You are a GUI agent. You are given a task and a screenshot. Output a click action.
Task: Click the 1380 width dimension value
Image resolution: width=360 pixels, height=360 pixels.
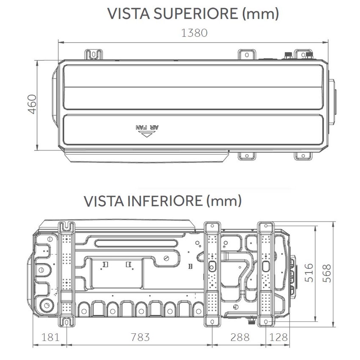click(x=194, y=33)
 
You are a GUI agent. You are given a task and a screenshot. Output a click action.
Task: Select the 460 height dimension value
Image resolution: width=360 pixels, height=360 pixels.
click(x=32, y=104)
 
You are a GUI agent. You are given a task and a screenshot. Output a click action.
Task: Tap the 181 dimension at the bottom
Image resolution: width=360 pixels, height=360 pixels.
click(x=50, y=337)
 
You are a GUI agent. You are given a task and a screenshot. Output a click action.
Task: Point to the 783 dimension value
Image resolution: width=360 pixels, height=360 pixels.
click(x=140, y=337)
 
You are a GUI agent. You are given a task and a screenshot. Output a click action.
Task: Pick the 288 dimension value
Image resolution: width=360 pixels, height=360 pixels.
click(x=239, y=337)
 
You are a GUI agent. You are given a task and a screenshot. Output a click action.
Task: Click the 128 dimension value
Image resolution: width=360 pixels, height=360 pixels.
click(x=278, y=337)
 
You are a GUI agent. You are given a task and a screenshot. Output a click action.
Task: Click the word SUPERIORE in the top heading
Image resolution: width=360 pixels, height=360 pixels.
click(x=197, y=14)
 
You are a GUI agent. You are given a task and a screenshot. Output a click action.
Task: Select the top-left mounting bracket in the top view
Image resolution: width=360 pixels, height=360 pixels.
click(x=94, y=55)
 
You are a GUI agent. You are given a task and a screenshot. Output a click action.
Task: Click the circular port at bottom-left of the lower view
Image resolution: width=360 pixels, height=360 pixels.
click(x=44, y=305)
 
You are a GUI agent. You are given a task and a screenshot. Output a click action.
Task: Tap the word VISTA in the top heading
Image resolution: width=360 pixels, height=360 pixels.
click(x=128, y=14)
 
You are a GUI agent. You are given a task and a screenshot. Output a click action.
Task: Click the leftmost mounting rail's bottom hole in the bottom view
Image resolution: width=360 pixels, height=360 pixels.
click(x=66, y=323)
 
